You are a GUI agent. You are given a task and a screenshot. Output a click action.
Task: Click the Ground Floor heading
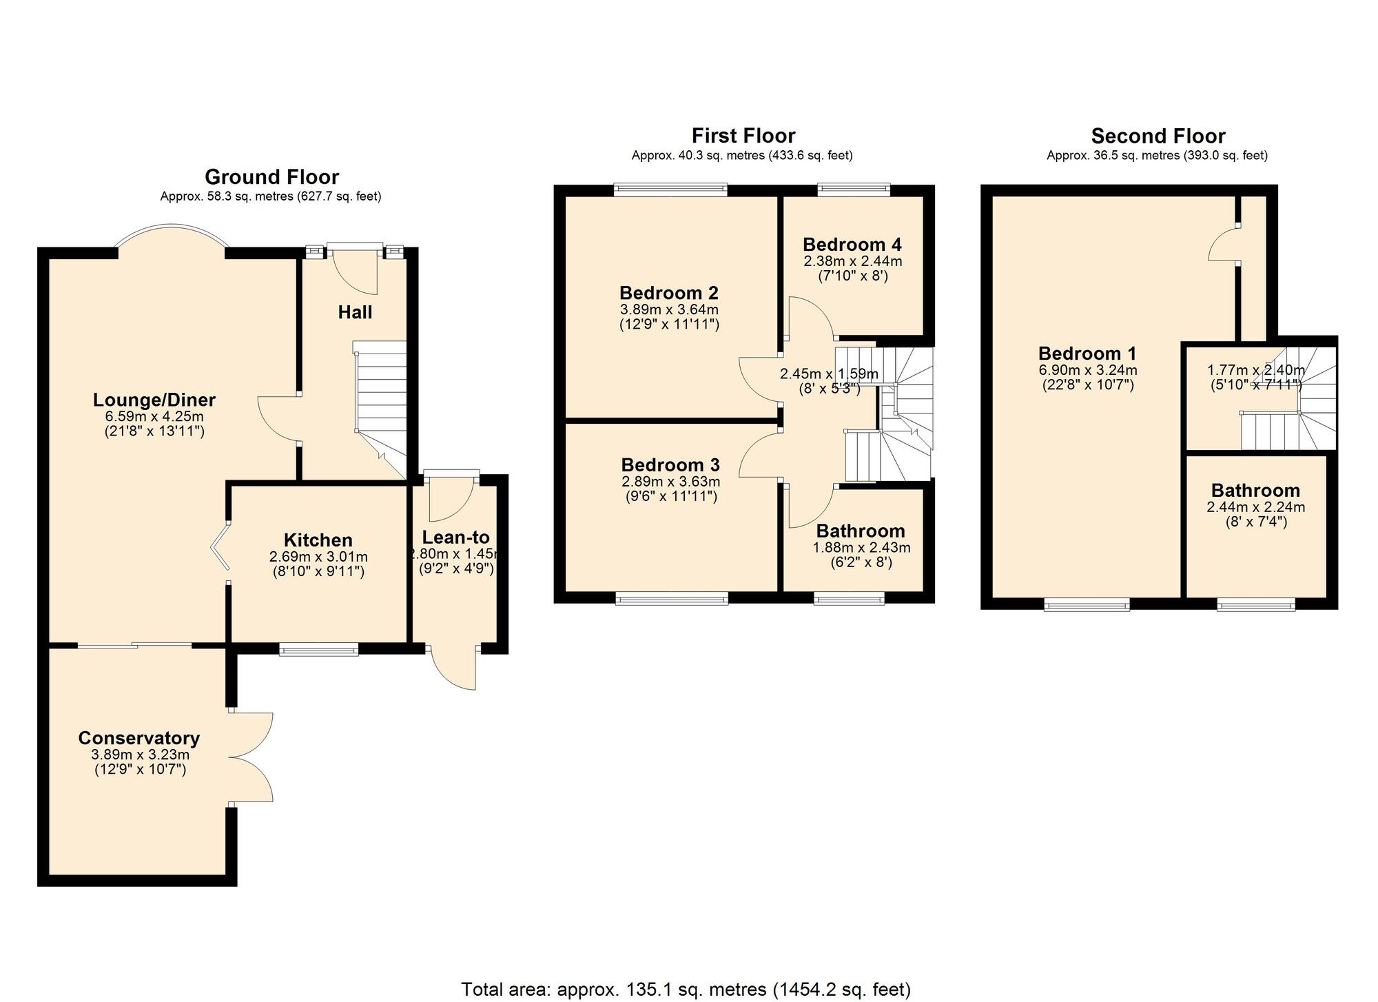[x=271, y=177]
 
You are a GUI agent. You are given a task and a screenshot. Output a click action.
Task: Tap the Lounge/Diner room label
[x=154, y=400]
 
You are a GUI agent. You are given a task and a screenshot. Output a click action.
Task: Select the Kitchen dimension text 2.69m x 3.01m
[x=318, y=557]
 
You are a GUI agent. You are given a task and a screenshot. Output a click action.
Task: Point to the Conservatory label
[x=139, y=738]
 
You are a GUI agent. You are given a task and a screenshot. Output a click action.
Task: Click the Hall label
[x=355, y=312]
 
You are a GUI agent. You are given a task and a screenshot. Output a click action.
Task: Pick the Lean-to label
[x=455, y=538]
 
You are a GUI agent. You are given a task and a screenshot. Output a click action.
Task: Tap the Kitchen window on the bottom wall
[x=319, y=648]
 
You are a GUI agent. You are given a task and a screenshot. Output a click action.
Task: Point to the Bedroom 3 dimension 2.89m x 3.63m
[x=670, y=482]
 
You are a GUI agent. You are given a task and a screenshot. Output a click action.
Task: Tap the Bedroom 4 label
[x=852, y=245]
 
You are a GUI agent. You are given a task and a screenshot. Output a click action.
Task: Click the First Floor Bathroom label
[x=861, y=531]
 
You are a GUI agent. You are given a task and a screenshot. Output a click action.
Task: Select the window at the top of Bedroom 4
[x=854, y=189]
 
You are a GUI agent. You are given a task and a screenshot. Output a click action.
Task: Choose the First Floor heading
[x=743, y=135]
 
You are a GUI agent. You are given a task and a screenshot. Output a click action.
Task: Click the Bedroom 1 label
[x=1087, y=354]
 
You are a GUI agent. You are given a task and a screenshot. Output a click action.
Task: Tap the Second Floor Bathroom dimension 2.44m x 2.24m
[x=1256, y=507]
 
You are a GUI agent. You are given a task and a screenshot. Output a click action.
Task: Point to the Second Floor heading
[x=1158, y=136]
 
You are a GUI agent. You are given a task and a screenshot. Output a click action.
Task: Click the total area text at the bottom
[x=686, y=990]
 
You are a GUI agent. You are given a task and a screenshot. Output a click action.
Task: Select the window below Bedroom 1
[x=1087, y=605]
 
